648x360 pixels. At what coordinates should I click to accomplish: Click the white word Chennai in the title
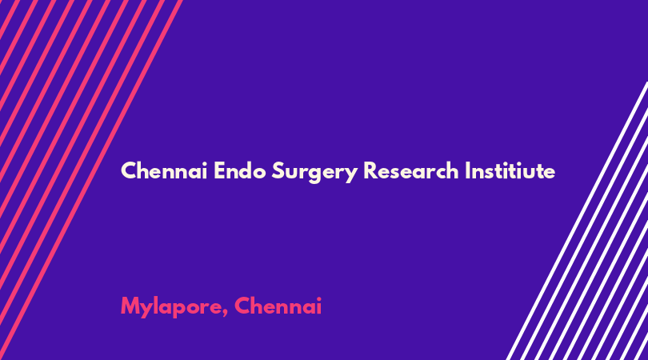tap(164, 170)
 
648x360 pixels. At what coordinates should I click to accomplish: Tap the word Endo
tap(240, 170)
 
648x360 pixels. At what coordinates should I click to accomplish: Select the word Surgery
tap(314, 172)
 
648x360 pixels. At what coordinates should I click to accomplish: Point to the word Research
tap(410, 170)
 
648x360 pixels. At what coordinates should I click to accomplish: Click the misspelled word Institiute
tap(510, 170)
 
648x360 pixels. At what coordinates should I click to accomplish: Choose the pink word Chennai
tap(278, 306)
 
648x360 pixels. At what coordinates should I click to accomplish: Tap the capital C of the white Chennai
tap(129, 170)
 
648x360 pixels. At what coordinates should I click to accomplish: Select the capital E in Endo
tap(219, 170)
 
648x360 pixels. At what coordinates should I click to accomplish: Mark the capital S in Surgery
tap(278, 170)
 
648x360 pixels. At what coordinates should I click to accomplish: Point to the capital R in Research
tap(370, 170)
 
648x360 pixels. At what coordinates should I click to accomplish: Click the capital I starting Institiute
tap(467, 170)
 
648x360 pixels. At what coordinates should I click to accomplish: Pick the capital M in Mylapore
tap(130, 306)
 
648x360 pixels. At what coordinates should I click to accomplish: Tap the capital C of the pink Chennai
tap(242, 306)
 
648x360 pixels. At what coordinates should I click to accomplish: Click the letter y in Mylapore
tap(147, 310)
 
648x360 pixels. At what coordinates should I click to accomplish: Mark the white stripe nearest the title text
tap(577, 221)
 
